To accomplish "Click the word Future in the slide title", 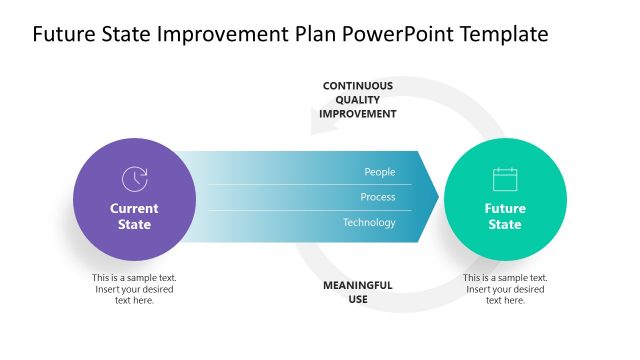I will [63, 34].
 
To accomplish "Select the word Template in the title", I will [500, 34].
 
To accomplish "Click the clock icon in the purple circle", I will [134, 179].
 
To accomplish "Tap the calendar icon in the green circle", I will [505, 179].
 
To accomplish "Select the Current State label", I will [134, 216].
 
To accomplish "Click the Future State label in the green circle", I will [505, 216].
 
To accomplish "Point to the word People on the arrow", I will [380, 172].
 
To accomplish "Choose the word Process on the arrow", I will [378, 197].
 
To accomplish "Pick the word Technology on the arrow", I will [369, 222].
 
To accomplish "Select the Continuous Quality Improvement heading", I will [357, 100].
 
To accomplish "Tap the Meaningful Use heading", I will [357, 292].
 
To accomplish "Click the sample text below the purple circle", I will [134, 289].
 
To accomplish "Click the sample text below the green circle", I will [505, 289].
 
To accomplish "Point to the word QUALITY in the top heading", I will [357, 100].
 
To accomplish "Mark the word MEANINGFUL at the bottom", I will [357, 285].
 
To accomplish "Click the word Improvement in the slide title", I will [219, 34].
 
